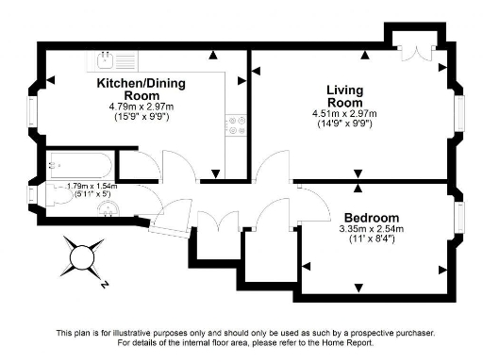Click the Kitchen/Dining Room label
click(x=142, y=90)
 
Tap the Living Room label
click(x=344, y=96)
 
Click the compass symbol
click(x=82, y=256)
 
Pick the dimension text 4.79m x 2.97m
click(x=142, y=107)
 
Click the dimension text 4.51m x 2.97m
click(x=344, y=114)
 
